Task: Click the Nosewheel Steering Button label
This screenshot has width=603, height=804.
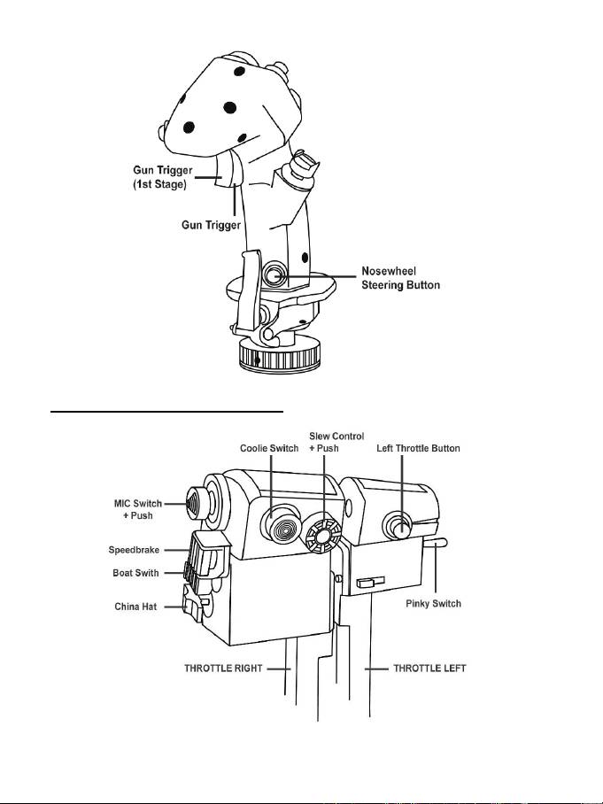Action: (x=400, y=278)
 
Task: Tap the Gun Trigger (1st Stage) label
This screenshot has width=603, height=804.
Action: (x=163, y=177)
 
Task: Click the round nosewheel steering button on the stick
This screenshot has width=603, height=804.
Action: (x=274, y=274)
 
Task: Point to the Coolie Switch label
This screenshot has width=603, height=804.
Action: (x=269, y=448)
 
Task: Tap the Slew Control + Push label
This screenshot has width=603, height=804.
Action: (x=336, y=442)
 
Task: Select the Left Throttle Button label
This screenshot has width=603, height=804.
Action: (x=419, y=448)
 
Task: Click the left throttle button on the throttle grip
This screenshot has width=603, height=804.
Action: (x=398, y=526)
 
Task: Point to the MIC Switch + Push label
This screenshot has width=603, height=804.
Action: (x=138, y=509)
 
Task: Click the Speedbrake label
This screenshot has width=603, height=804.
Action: (x=134, y=550)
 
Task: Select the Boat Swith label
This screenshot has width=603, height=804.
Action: (x=135, y=573)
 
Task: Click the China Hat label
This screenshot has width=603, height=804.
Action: (x=135, y=607)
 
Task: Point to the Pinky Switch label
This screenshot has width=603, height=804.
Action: (x=433, y=604)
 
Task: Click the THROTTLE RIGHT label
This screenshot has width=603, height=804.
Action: (x=223, y=669)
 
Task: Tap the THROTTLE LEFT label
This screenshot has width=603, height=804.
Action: (x=429, y=669)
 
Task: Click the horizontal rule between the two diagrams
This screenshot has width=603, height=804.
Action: (x=166, y=411)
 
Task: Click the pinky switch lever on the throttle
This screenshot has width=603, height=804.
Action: (x=436, y=543)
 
